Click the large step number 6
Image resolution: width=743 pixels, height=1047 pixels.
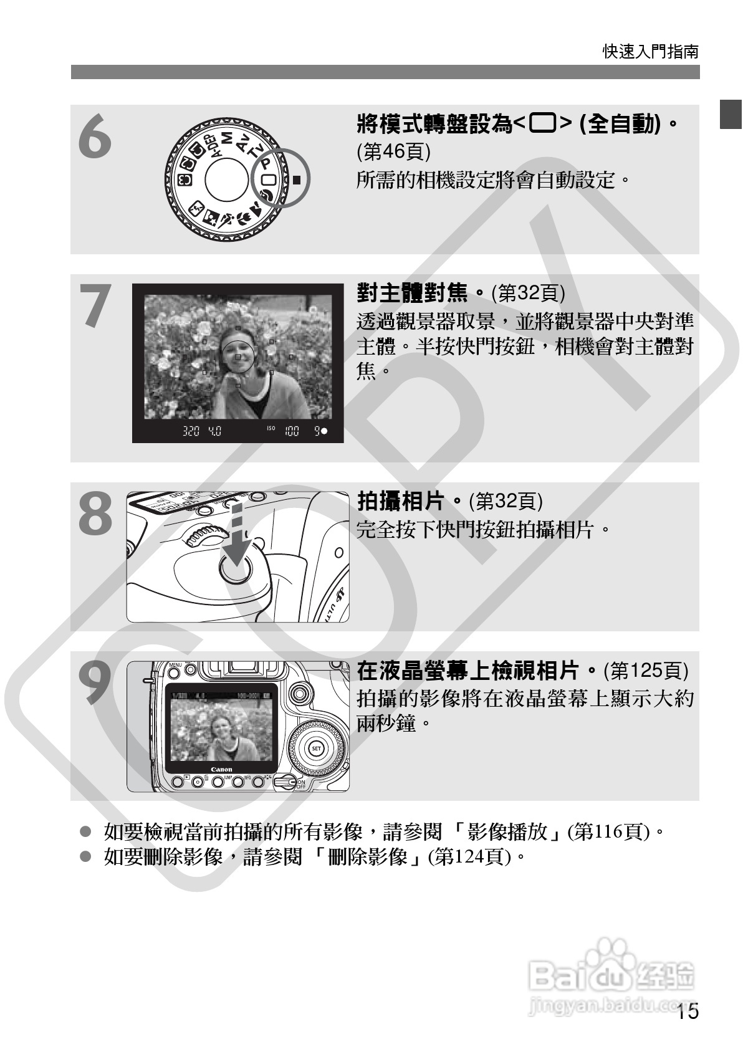(x=95, y=137)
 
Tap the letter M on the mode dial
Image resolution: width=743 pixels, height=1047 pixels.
(x=226, y=138)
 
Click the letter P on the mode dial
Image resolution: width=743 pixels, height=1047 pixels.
(x=265, y=163)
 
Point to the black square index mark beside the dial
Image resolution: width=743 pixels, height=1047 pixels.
(x=297, y=179)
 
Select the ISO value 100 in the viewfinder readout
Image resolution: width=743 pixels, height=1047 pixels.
(x=292, y=431)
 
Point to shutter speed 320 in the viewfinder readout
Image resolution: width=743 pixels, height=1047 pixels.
(x=191, y=431)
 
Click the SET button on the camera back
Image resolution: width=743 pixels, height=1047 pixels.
(x=317, y=748)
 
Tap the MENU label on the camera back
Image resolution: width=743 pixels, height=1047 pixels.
(x=175, y=664)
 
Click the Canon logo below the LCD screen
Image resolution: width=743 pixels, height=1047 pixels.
(x=222, y=769)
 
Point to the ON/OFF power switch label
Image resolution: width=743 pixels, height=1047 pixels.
(x=301, y=784)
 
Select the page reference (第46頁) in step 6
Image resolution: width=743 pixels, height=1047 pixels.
(x=393, y=151)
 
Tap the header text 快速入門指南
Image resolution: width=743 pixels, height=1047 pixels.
(x=651, y=51)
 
